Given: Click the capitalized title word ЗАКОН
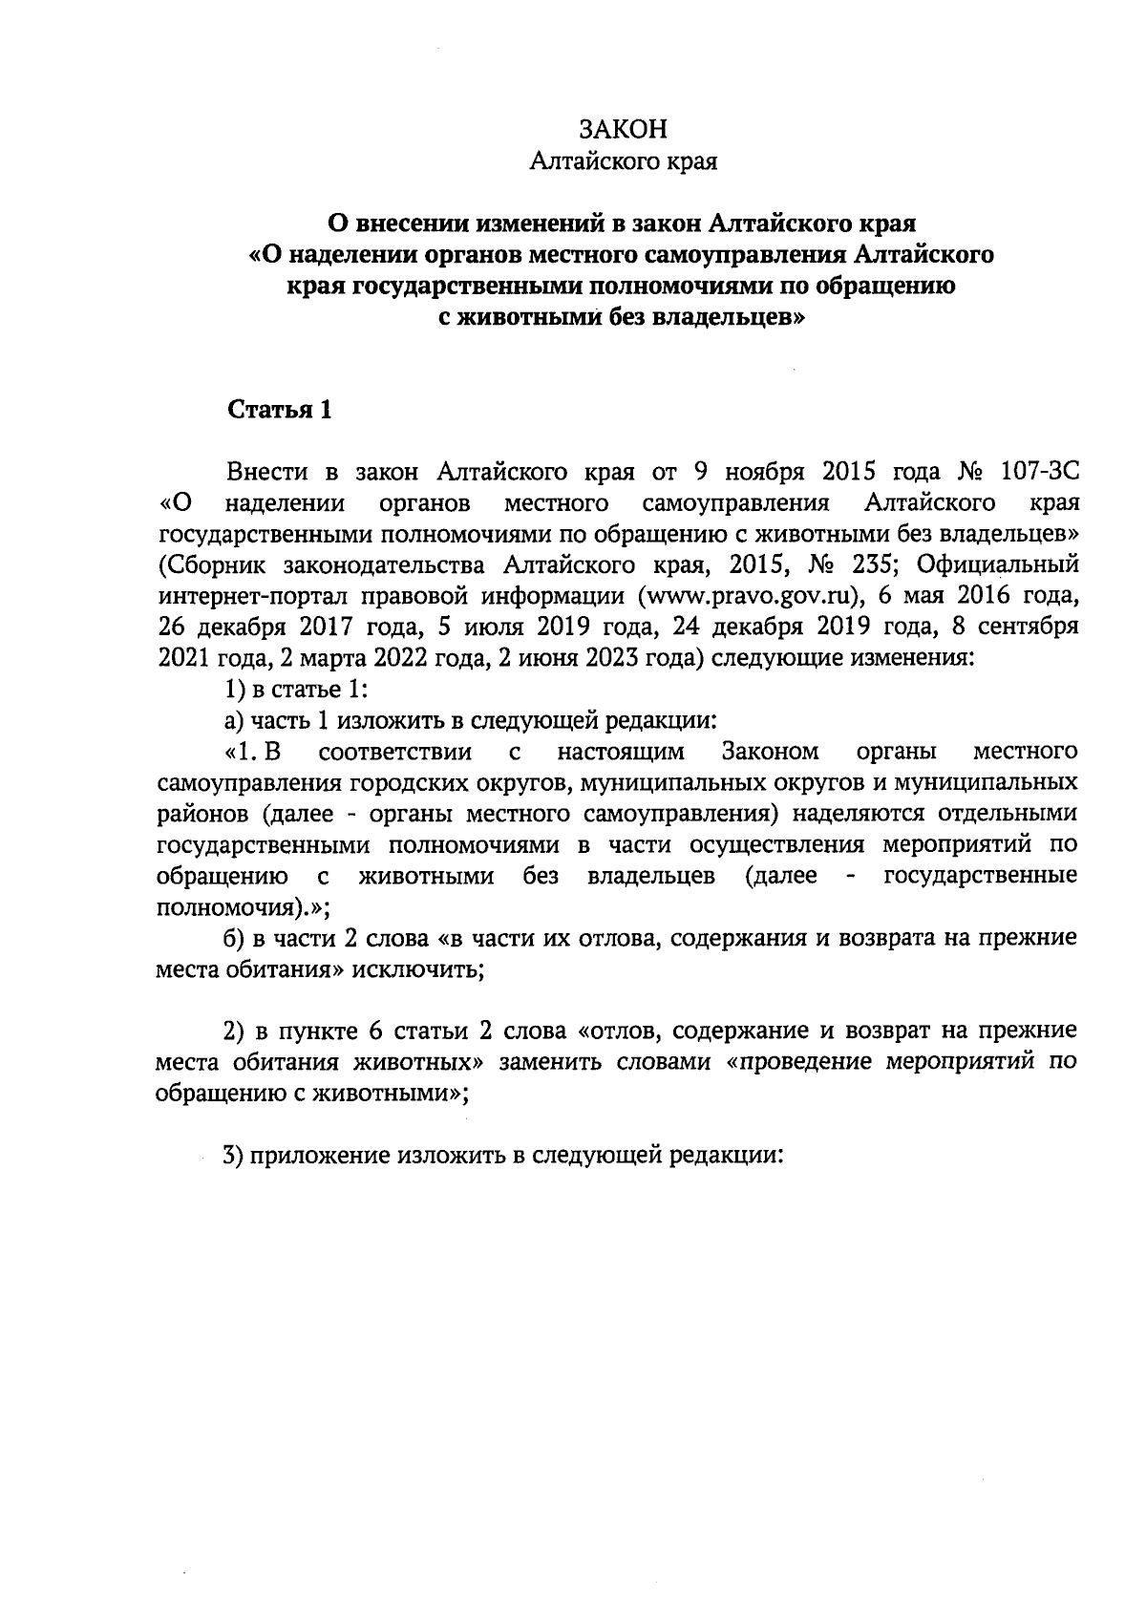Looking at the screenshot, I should click(x=623, y=131).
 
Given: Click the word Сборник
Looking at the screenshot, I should click(x=211, y=564).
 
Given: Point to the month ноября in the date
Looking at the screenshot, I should click(x=759, y=472).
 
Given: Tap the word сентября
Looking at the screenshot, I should click(x=1032, y=627).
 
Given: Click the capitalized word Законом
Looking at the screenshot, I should click(x=772, y=751).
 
